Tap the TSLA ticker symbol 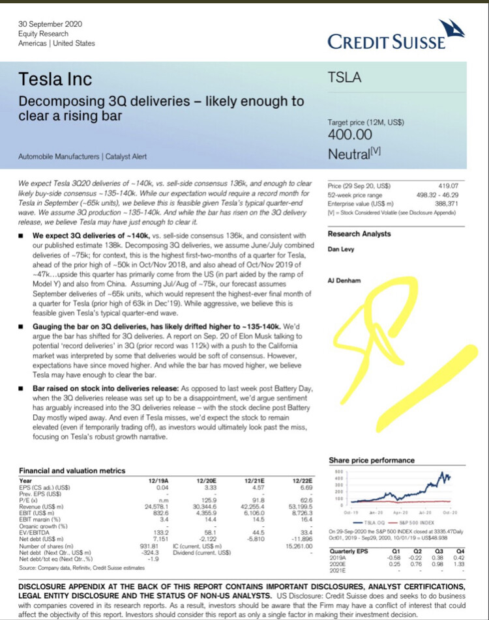346,79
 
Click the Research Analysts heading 359,234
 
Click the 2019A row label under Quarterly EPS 340,557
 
